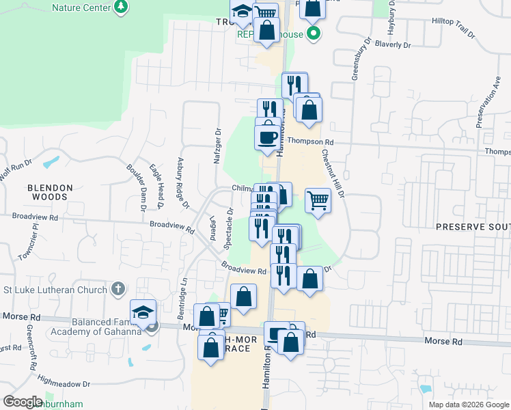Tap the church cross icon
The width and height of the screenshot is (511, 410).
118,288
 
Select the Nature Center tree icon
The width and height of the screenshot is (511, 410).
121,6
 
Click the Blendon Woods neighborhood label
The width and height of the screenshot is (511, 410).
47,191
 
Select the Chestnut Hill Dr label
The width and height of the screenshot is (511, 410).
333,175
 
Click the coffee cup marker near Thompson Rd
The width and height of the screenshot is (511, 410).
267,137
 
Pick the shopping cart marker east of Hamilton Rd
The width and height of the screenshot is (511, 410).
318,200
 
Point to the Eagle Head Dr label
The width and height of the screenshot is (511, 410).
156,187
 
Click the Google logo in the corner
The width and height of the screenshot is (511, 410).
22,402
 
